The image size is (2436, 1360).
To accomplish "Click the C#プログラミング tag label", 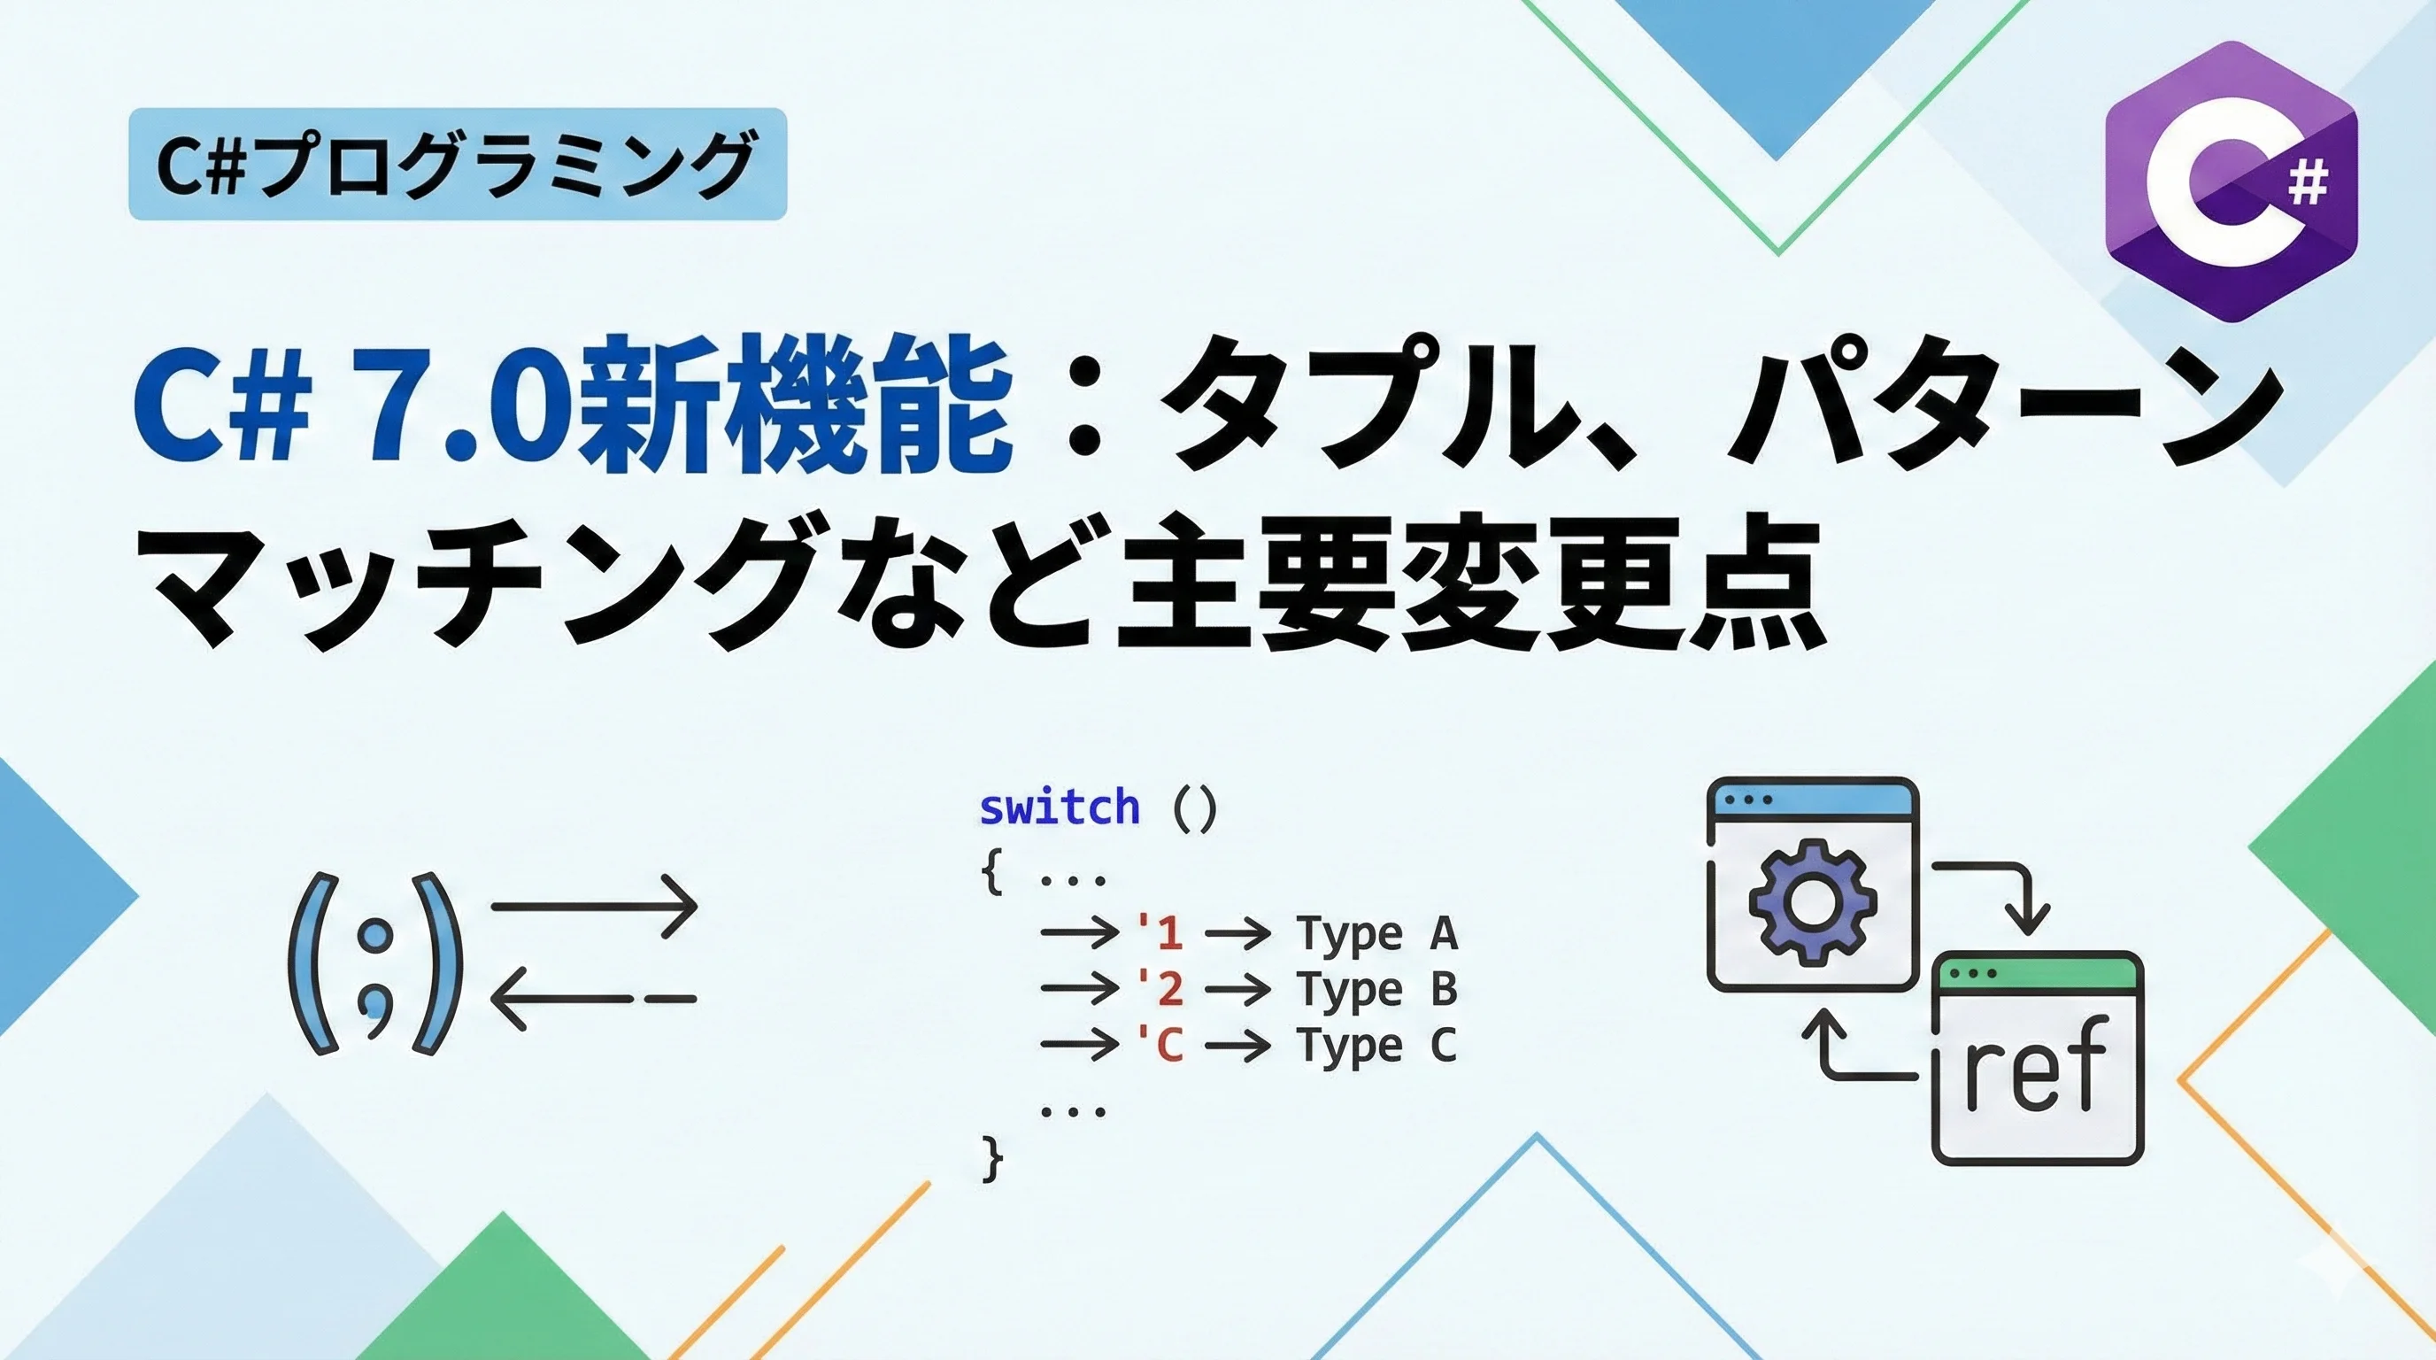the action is click(457, 165).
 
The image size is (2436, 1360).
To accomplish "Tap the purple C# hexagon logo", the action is click(2231, 182).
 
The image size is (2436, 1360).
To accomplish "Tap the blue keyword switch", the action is click(1060, 807).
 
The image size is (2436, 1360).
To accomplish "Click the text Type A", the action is click(1376, 934).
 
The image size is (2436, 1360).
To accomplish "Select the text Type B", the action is click(1376, 990).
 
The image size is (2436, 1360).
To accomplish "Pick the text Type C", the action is click(1376, 1046).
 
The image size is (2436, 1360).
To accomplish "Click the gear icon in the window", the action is click(1808, 905).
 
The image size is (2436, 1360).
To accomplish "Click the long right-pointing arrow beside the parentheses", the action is click(594, 906).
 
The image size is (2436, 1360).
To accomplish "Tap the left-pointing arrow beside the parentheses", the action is click(594, 999).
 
